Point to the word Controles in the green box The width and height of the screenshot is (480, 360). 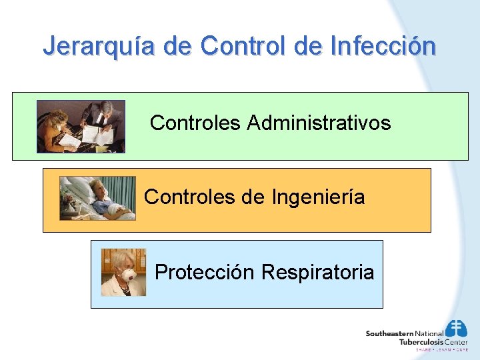(195, 123)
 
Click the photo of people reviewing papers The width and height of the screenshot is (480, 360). (81, 126)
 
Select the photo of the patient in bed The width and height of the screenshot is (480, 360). (97, 198)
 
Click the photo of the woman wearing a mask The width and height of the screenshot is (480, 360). (123, 272)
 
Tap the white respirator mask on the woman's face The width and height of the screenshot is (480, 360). (126, 274)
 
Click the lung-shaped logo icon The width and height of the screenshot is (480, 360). (457, 329)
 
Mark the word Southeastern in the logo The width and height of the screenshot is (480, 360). (389, 333)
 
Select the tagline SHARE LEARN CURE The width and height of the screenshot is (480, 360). (441, 349)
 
